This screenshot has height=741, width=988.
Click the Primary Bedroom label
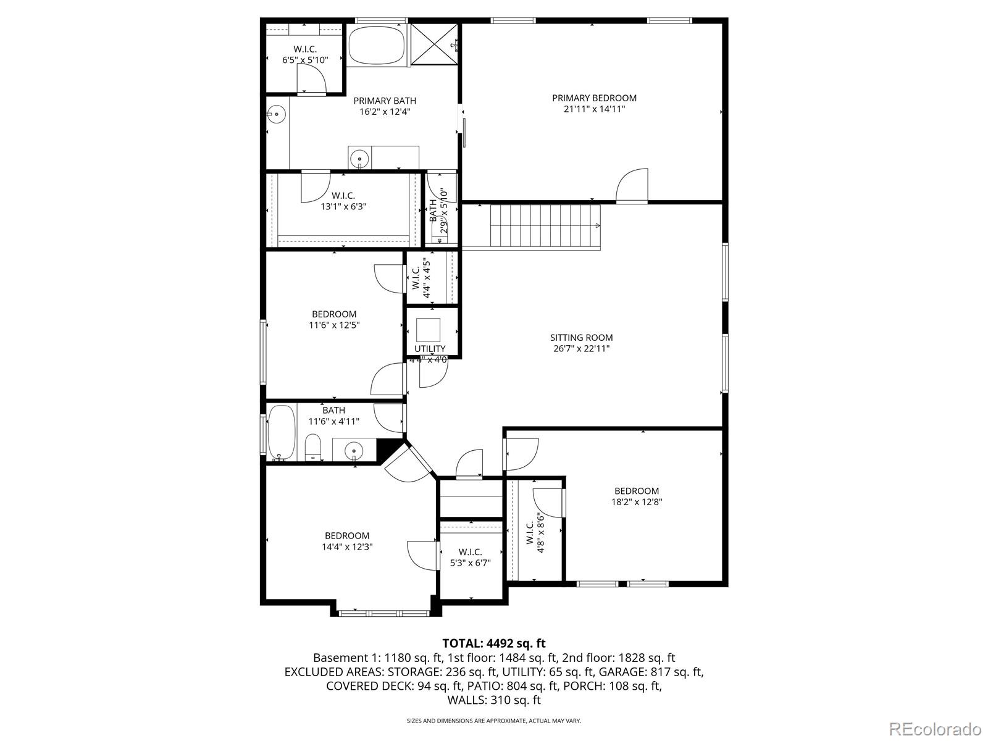[594, 98]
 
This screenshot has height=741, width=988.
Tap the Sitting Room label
[581, 337]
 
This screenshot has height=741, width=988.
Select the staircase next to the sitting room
[545, 225]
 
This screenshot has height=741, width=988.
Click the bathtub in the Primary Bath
[377, 45]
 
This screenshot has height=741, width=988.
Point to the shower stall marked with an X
[434, 44]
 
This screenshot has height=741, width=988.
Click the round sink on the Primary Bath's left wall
[277, 114]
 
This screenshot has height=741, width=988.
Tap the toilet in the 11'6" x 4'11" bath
[313, 447]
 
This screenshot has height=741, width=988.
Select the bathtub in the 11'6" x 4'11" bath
[282, 432]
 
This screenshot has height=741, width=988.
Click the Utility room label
[429, 349]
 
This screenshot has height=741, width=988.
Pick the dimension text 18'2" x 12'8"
[637, 501]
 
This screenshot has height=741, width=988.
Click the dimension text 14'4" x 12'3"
[347, 546]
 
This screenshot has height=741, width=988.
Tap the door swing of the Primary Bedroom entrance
[632, 185]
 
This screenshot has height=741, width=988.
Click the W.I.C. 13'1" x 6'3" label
[343, 201]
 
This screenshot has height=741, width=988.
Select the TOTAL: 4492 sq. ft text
[494, 643]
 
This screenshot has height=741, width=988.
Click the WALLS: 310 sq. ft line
[494, 700]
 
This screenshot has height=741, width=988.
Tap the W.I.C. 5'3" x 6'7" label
[471, 557]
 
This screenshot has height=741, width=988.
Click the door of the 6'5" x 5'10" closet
[311, 79]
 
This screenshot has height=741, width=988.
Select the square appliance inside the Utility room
[428, 330]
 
